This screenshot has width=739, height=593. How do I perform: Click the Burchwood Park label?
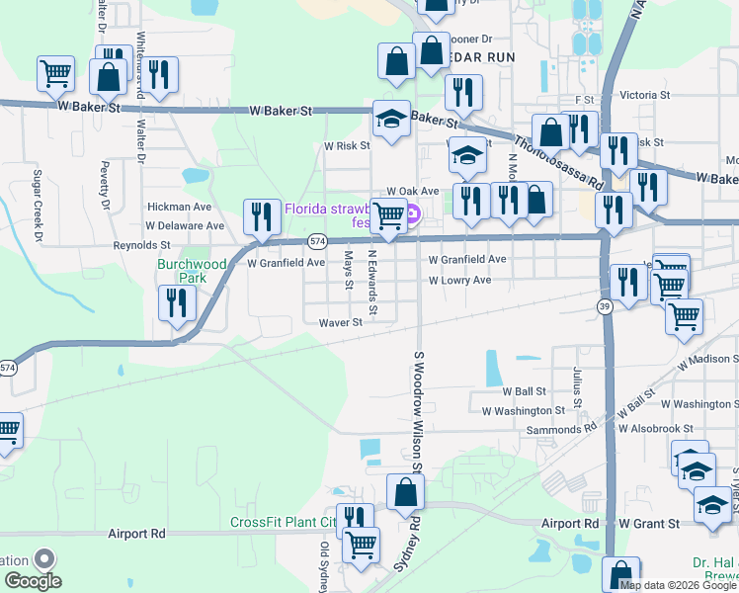click(x=192, y=271)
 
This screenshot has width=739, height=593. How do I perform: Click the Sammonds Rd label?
click(x=560, y=429)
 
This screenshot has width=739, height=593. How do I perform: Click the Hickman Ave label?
click(x=179, y=208)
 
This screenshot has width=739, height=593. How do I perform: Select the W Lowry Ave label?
click(x=459, y=281)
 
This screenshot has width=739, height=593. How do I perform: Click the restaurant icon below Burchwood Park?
click(x=176, y=302)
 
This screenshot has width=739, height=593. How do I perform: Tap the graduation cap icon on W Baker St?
click(x=391, y=121)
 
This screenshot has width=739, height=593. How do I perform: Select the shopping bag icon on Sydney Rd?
click(x=405, y=491)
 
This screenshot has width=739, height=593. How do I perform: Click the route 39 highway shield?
click(x=603, y=308)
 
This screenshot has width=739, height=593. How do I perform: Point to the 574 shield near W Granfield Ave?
click(x=316, y=241)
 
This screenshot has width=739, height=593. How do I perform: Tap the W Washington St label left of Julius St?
click(x=524, y=410)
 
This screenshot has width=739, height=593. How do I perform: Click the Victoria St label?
click(x=645, y=97)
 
